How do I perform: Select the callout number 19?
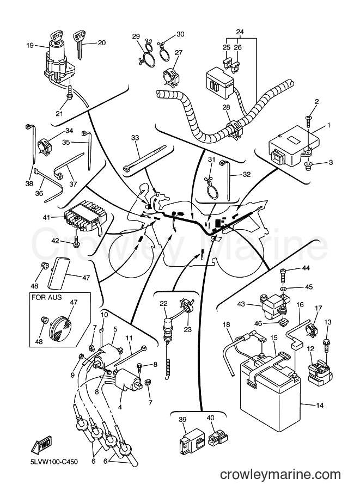(x=30, y=45)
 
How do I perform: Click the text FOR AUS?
(x=47, y=298)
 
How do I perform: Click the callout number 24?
(x=240, y=32)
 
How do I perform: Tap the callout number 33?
(x=135, y=138)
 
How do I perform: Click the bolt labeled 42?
(x=76, y=241)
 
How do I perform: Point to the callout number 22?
(x=163, y=303)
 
